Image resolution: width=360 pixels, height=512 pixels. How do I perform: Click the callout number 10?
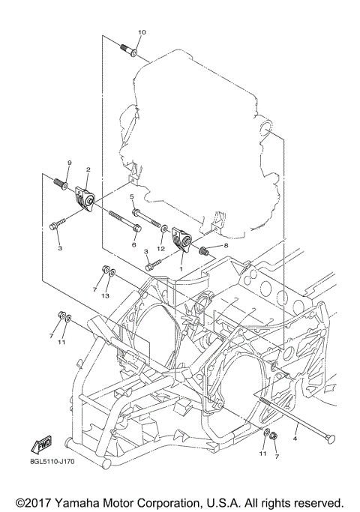pyautogui.click(x=142, y=32)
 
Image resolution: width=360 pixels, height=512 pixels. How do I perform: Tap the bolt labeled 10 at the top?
pyautogui.click(x=131, y=49)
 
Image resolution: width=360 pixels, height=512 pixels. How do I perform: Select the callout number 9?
pyautogui.click(x=69, y=163)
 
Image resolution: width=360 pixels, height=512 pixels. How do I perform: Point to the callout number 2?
pyautogui.click(x=88, y=170)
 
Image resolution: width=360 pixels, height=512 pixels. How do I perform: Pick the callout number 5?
pyautogui.click(x=132, y=197)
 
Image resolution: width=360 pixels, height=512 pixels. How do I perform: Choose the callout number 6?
pyautogui.click(x=135, y=244)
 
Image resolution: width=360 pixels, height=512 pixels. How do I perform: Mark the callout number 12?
pyautogui.click(x=160, y=247)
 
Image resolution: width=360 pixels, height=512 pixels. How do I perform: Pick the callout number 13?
pyautogui.click(x=107, y=295)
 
